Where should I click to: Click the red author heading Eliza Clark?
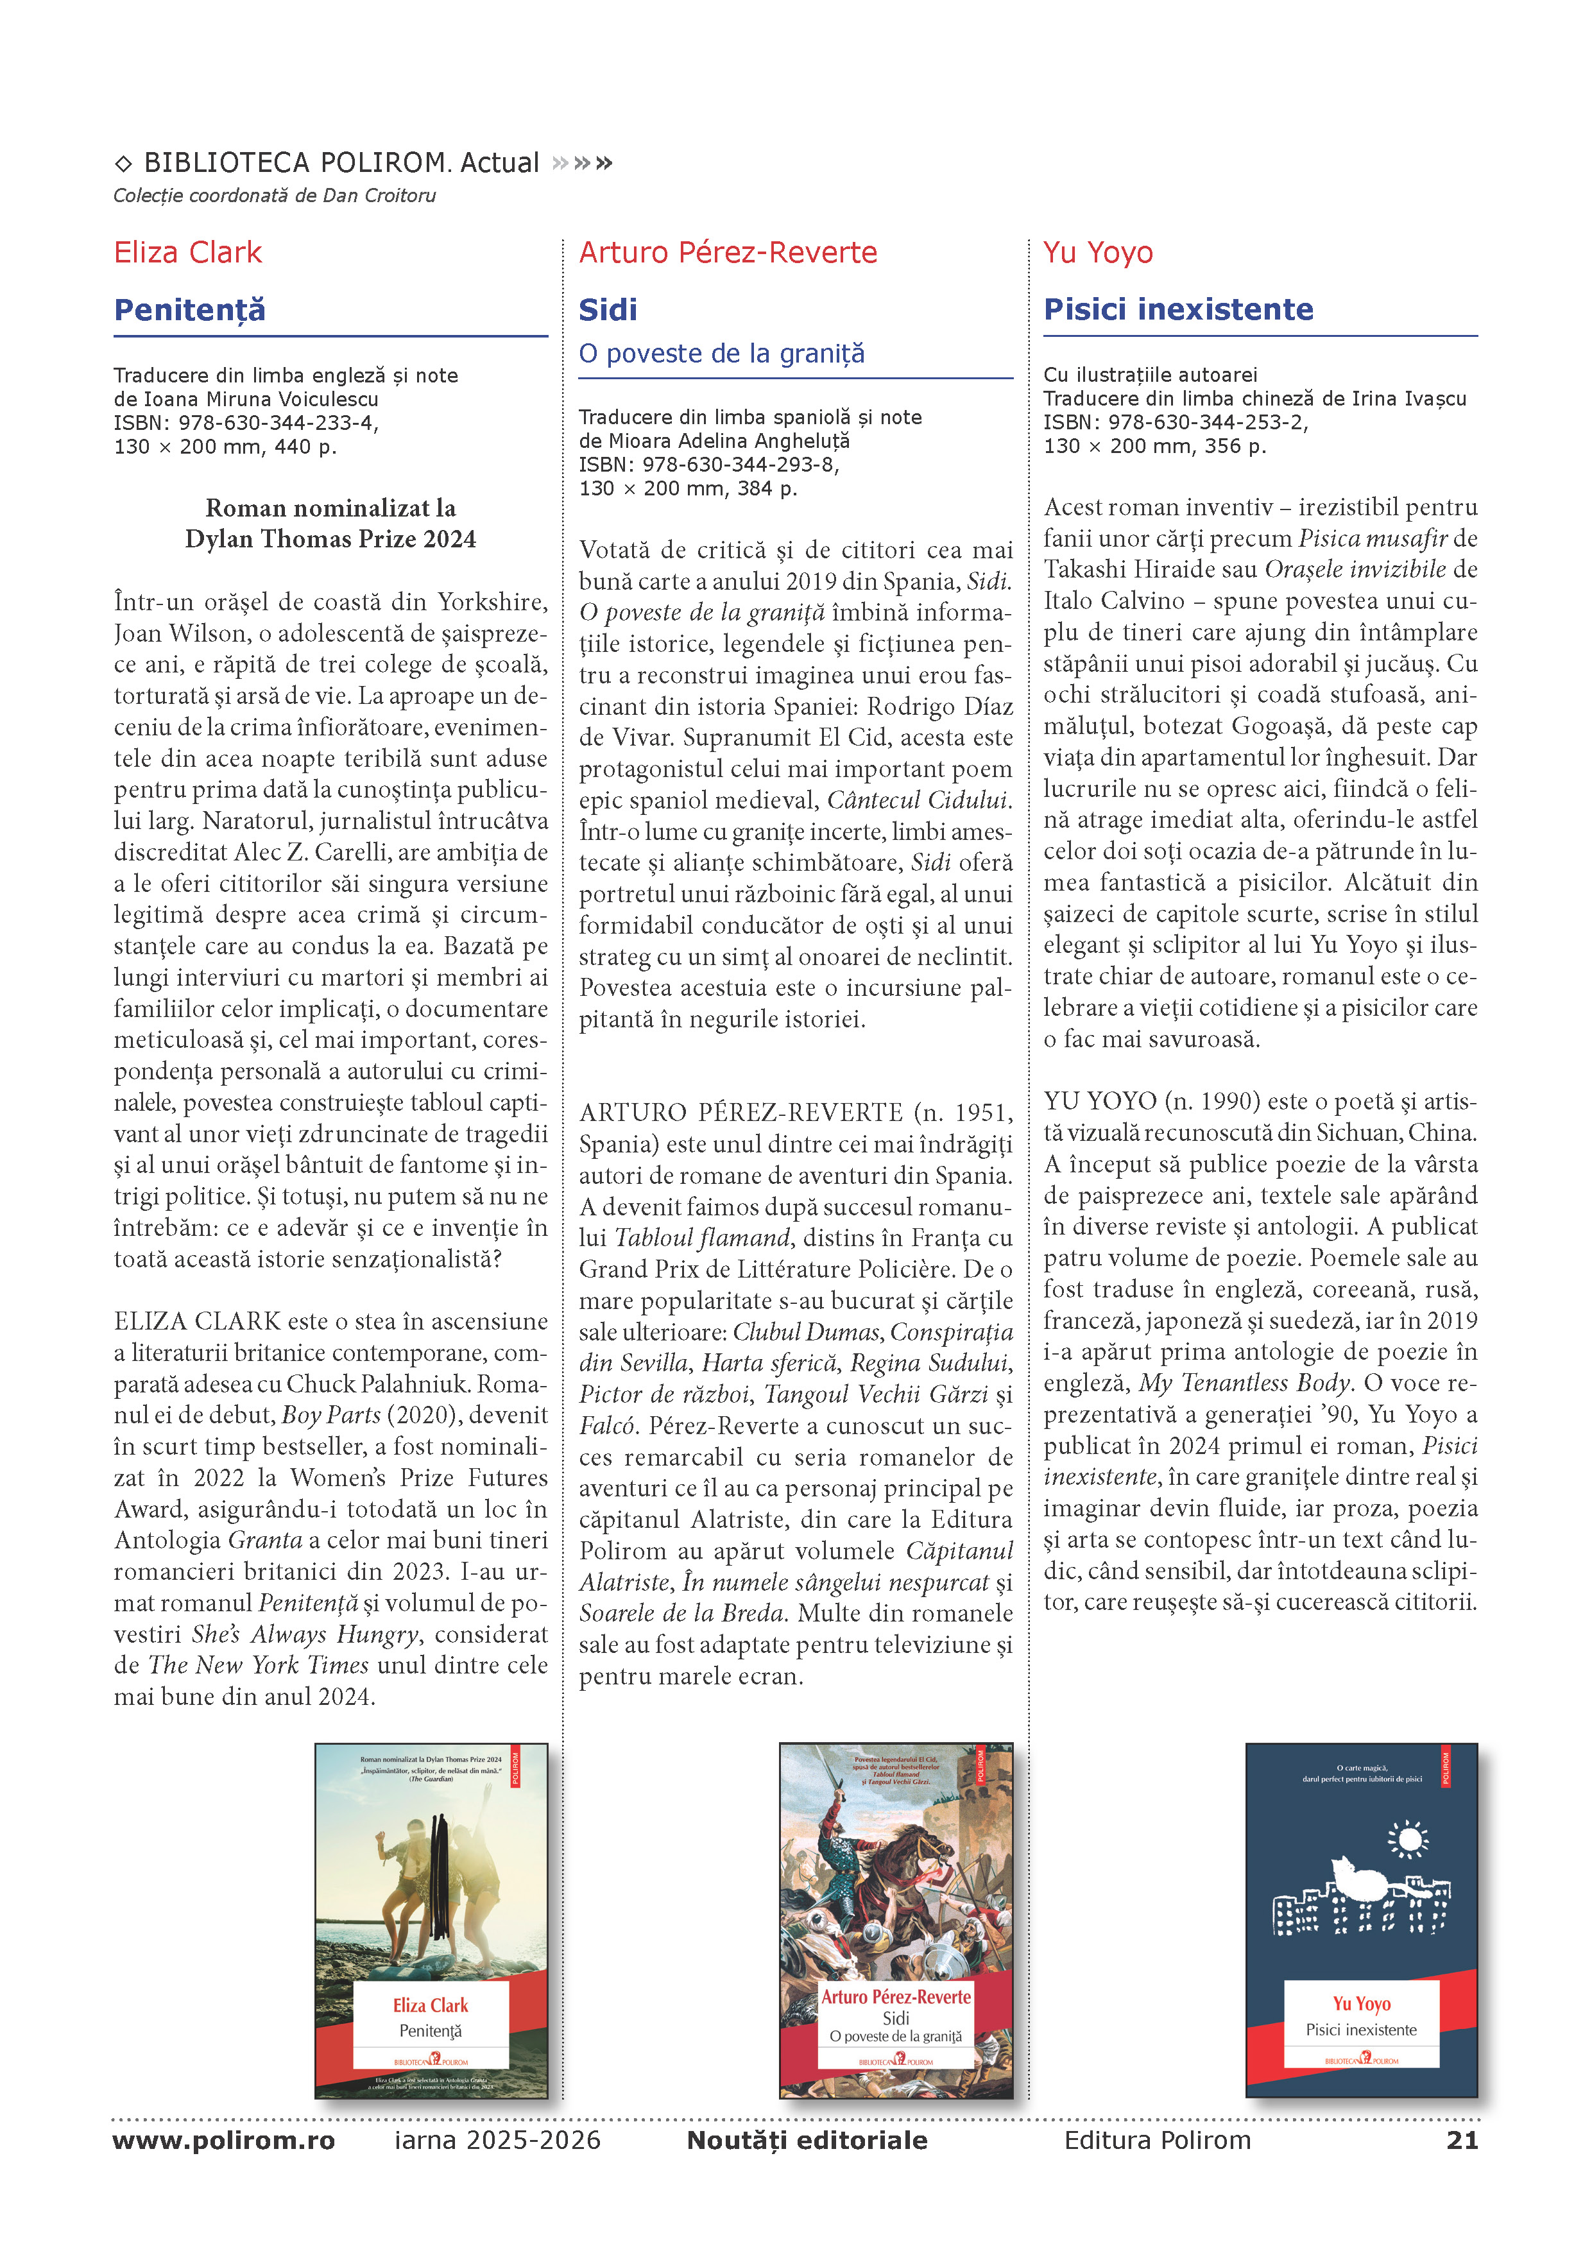tap(188, 253)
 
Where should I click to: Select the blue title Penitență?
tap(190, 310)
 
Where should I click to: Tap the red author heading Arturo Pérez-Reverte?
tap(728, 253)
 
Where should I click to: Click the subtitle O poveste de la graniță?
tap(721, 354)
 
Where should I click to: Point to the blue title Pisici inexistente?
tap(1178, 310)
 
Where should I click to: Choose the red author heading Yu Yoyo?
tap(1098, 253)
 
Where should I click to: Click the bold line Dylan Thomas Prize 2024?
tap(330, 539)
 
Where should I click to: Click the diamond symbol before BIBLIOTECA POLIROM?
tap(123, 164)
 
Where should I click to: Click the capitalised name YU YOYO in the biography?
tap(1100, 1102)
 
